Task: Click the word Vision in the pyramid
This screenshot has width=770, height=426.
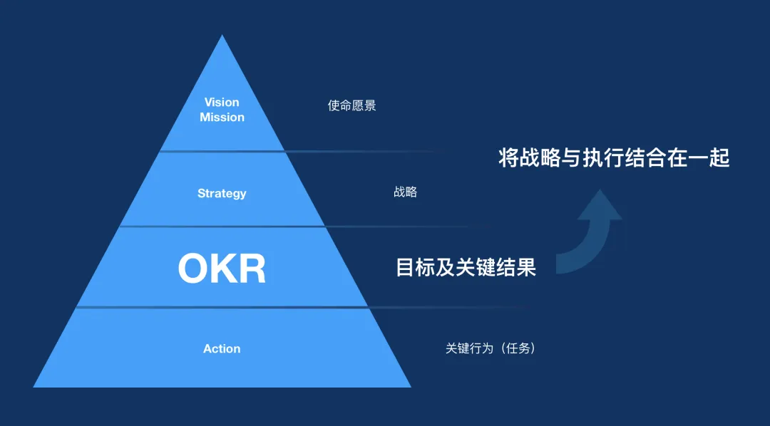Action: click(222, 103)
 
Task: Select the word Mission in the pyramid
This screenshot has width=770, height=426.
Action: click(222, 118)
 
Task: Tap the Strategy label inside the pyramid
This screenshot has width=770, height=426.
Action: click(222, 194)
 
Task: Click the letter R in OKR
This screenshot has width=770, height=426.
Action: click(251, 269)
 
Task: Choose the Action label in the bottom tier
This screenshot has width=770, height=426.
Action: click(222, 349)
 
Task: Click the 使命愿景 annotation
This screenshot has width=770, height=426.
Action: click(351, 106)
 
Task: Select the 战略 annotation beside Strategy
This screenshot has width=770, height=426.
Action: click(405, 192)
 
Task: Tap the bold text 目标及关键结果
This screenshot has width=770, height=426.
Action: click(465, 268)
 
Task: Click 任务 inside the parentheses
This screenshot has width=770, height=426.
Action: click(517, 349)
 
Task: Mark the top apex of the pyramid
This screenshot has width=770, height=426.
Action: click(222, 37)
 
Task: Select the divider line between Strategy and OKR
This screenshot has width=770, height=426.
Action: click(222, 227)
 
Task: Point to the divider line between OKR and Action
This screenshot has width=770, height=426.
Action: click(222, 307)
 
